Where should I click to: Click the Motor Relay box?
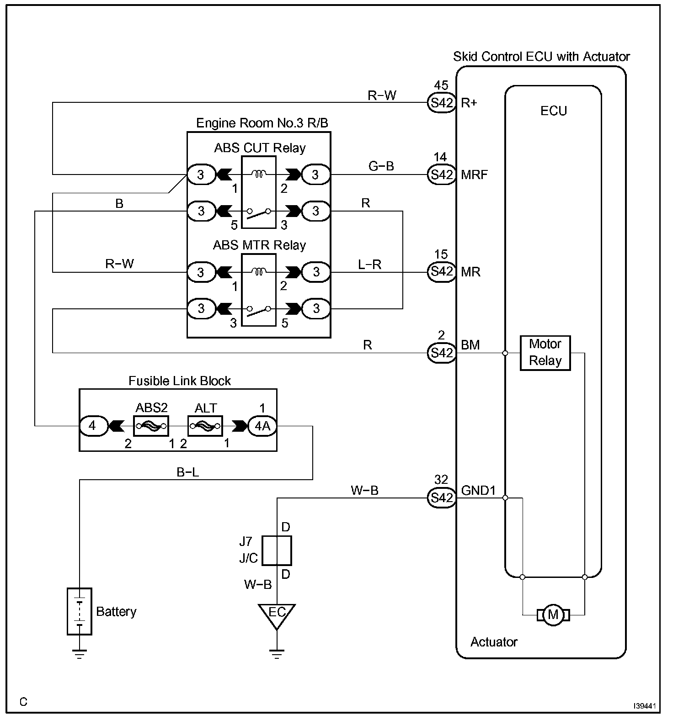pos(545,353)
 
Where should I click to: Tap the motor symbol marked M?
pos(553,614)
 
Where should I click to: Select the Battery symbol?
pos(80,611)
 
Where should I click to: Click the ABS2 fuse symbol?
pos(151,426)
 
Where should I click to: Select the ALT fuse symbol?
pos(205,426)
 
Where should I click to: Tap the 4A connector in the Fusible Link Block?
pos(262,426)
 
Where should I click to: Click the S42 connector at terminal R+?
pos(442,103)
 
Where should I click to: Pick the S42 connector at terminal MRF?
pos(442,175)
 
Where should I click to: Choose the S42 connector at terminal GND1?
pos(442,498)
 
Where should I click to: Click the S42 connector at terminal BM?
pos(442,353)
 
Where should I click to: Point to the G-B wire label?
pos(381,166)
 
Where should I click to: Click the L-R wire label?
pos(370,264)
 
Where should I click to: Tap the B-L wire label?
pos(188,472)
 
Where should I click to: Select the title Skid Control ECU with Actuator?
pos(541,57)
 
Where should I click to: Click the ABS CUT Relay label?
pos(260,148)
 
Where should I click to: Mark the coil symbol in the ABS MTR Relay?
pos(259,272)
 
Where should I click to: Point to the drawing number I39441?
pos(645,706)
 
